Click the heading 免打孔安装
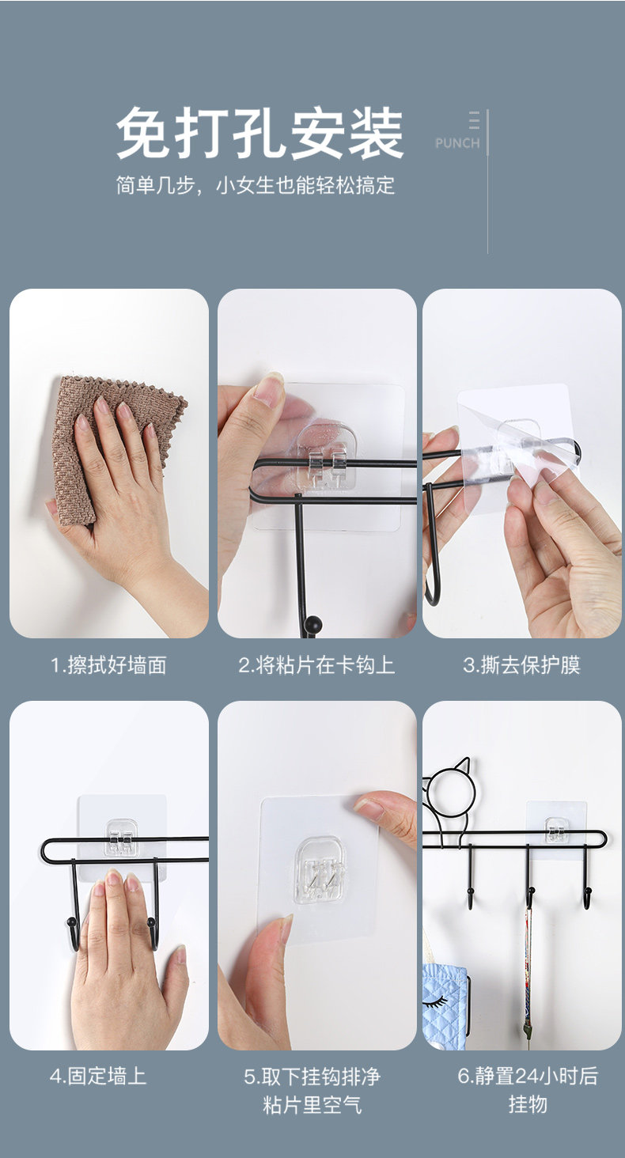coord(259,133)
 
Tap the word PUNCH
coord(457,142)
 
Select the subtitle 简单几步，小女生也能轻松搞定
coord(256,185)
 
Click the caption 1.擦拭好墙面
coord(108,665)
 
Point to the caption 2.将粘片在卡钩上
coord(316,665)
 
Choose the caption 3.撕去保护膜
coord(521,665)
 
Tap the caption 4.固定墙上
coord(98,1077)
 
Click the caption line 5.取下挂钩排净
coord(312,1077)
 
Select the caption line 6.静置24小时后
coord(528,1076)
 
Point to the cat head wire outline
coord(451,799)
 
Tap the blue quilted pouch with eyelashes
coord(446,1005)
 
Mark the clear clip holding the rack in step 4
coord(121,838)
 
